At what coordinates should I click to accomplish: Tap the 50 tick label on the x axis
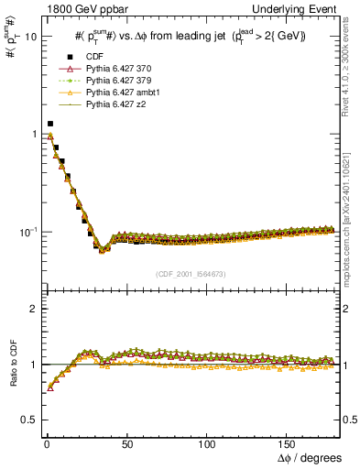pyautogui.click(x=126, y=442)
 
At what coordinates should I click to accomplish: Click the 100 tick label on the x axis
pyautogui.click(x=206, y=442)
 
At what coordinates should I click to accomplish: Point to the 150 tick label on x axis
pyautogui.click(x=287, y=442)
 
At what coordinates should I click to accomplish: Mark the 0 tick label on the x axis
pyautogui.click(x=47, y=442)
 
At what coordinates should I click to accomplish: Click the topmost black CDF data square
pyautogui.click(x=50, y=124)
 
